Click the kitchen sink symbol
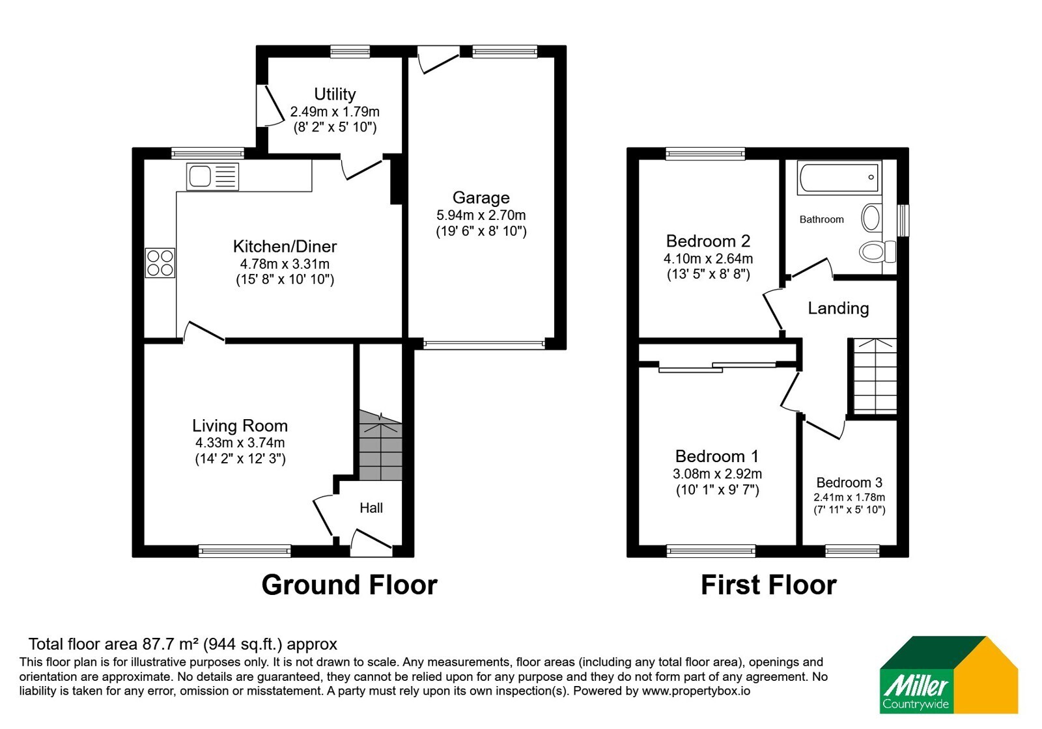pyautogui.click(x=212, y=176)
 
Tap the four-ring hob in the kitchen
pyautogui.click(x=160, y=263)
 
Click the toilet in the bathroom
pyautogui.click(x=877, y=251)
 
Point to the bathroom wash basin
pyautogui.click(x=871, y=217)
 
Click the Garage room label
pyautogui.click(x=481, y=198)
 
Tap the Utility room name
pyautogui.click(x=335, y=94)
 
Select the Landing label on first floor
pyautogui.click(x=838, y=309)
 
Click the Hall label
pyautogui.click(x=371, y=508)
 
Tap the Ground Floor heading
pyautogui.click(x=349, y=585)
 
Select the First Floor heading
pyautogui.click(x=768, y=585)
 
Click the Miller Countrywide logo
pyautogui.click(x=948, y=674)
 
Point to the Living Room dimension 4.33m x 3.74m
pyautogui.click(x=240, y=443)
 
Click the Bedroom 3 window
pyautogui.click(x=852, y=551)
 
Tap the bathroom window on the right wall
pyautogui.click(x=903, y=221)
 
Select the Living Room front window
pyautogui.click(x=245, y=551)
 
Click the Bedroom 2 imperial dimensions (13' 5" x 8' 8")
pyautogui.click(x=709, y=274)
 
